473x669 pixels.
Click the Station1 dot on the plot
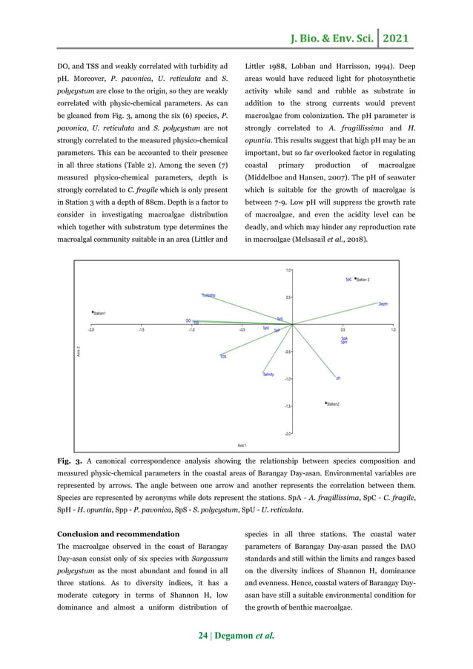coord(92,312)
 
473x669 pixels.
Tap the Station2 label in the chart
coord(333,404)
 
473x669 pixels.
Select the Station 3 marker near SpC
coord(356,279)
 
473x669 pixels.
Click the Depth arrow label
coord(383,304)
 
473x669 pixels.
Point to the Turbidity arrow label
coord(208,295)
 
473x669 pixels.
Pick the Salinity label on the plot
coord(268,375)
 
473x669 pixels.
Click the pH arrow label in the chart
coord(338,378)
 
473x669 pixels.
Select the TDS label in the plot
coord(222,357)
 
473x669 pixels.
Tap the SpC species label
coord(348,280)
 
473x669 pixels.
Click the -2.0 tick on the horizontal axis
coord(90,330)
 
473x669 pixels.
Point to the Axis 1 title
coord(242,445)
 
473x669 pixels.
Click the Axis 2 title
coord(79,350)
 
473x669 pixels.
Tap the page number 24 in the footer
coord(204,636)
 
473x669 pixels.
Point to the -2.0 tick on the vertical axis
coord(287,432)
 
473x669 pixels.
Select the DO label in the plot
coord(189,320)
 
